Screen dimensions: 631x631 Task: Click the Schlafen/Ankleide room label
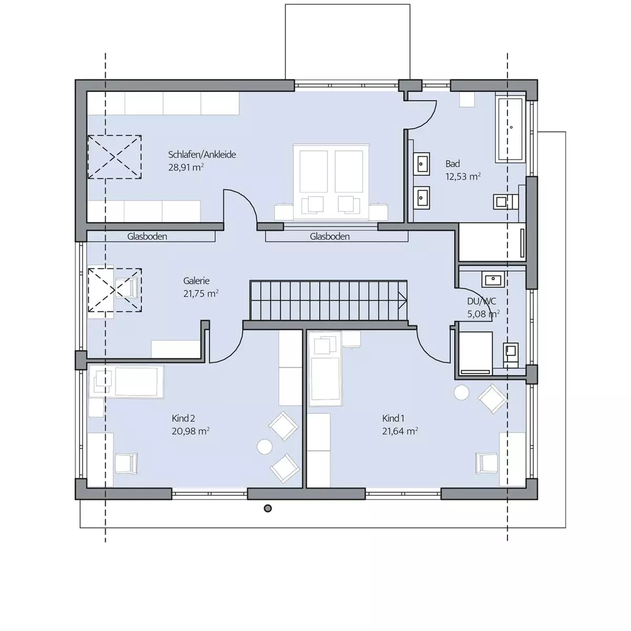(202, 155)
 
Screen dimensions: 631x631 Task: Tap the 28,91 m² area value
(186, 167)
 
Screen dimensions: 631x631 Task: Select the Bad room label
(452, 164)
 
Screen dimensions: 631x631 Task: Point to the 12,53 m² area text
(463, 177)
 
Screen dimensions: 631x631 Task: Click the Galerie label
(196, 281)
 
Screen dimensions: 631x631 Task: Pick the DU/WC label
(481, 301)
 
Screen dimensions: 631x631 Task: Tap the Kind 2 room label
(183, 418)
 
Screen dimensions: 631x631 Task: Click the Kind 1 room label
(393, 418)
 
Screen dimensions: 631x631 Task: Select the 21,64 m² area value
(400, 431)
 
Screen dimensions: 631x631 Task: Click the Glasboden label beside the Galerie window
(147, 237)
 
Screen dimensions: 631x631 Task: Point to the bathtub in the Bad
(511, 128)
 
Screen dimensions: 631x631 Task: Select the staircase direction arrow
(402, 300)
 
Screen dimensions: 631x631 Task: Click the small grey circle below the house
(268, 508)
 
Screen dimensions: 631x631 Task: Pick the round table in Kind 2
(264, 446)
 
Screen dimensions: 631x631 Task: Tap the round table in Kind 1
(461, 392)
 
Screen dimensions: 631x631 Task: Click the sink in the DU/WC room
(493, 280)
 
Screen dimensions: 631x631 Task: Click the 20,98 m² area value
(190, 431)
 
